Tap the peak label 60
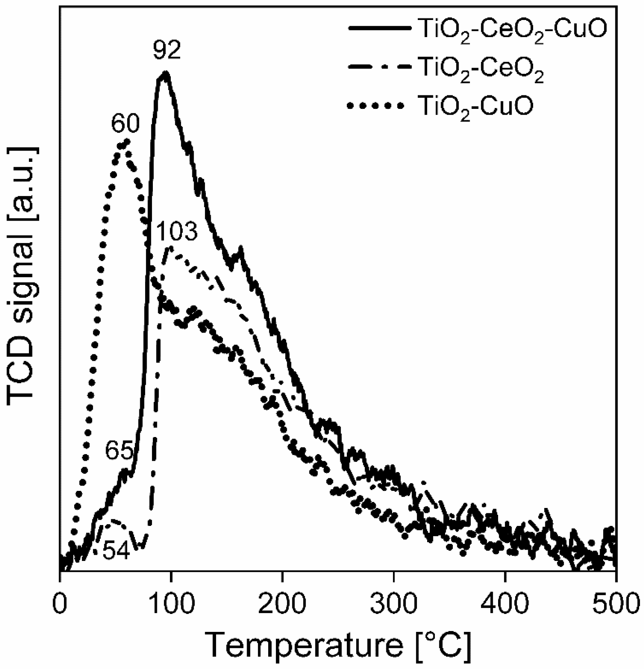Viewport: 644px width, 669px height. coord(125,124)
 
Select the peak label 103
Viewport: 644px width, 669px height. coord(177,232)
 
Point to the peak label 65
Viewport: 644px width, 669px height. coord(119,451)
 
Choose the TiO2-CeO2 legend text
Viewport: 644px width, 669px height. coord(481,69)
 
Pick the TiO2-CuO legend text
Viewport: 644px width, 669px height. coord(475,107)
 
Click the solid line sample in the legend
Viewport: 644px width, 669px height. coord(379,28)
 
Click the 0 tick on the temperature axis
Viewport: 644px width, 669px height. coord(60,603)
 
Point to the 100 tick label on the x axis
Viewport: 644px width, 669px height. coord(171,603)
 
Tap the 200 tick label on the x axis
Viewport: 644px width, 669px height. coord(282,603)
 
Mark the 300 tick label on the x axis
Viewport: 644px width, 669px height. coord(394,603)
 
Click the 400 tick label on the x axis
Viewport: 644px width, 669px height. coord(505,603)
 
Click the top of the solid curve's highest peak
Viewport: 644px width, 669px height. coord(165,73)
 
